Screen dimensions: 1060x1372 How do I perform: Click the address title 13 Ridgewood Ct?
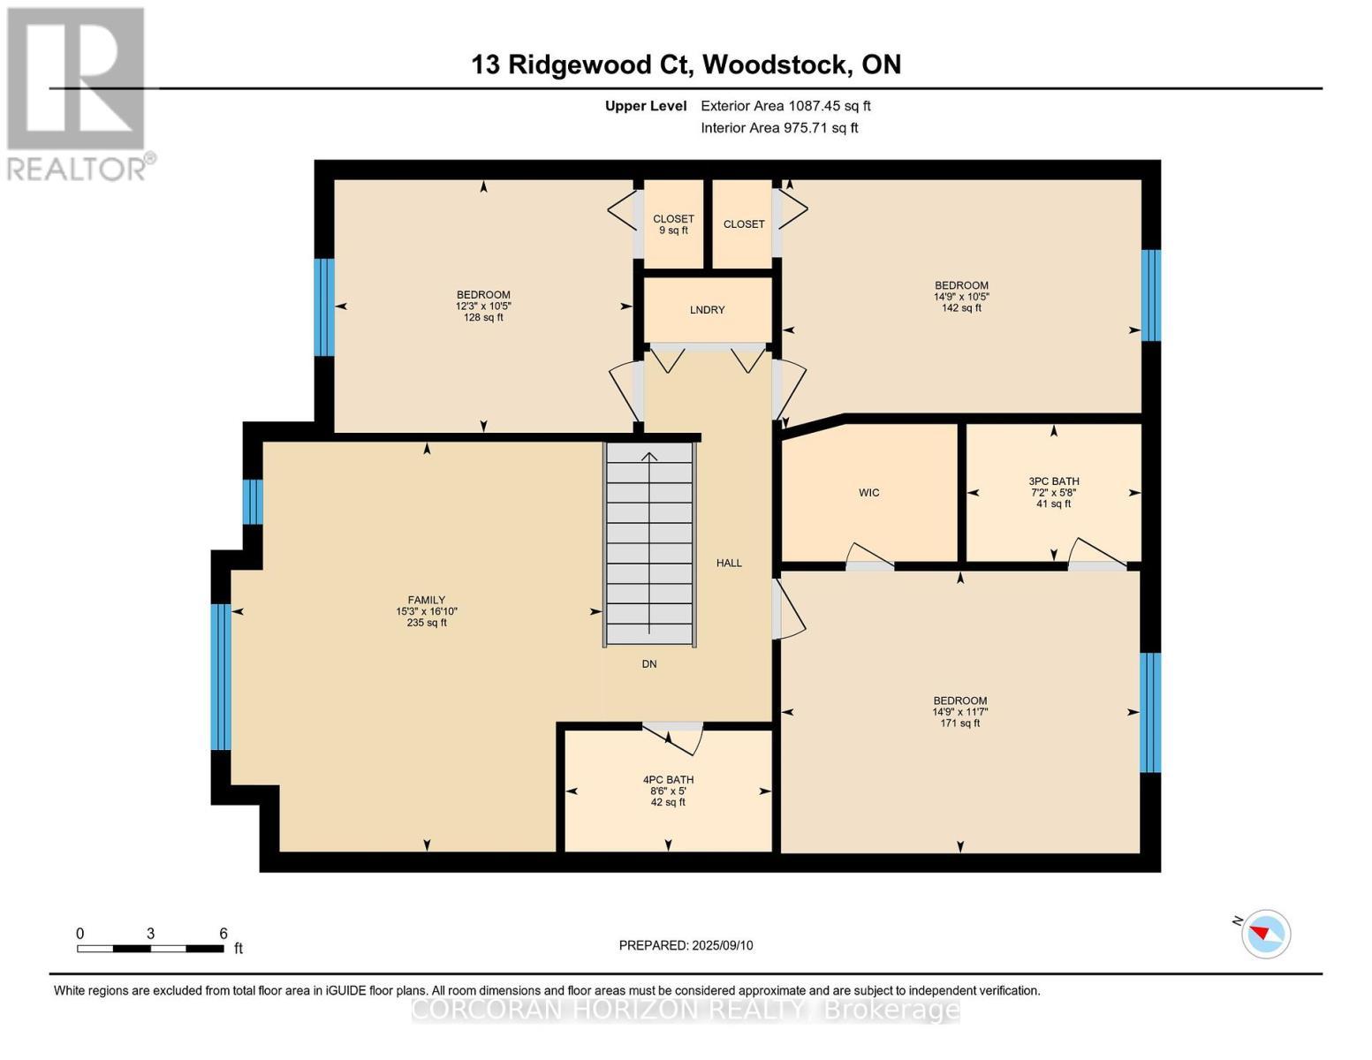pos(686,64)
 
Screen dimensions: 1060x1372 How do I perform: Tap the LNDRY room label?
pos(707,310)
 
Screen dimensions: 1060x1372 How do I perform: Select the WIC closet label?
pos(868,493)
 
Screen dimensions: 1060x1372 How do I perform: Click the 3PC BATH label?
pos(1053,481)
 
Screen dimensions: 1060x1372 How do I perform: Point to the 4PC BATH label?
pos(668,780)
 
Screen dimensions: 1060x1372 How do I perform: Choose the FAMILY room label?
pos(426,600)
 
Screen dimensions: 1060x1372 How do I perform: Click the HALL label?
pos(729,563)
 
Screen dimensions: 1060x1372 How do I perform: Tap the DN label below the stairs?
pos(649,664)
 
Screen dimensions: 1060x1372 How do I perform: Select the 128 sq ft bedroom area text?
pos(483,317)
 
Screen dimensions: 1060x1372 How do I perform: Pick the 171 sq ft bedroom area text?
pos(959,723)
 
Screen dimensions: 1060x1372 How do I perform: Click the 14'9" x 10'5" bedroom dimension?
pos(961,297)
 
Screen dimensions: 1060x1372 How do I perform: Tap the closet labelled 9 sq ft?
pos(673,224)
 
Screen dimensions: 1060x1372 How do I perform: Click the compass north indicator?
pos(1265,933)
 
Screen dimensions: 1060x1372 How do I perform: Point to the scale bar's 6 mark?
pos(224,934)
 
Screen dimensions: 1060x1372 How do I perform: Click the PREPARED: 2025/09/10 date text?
pos(686,945)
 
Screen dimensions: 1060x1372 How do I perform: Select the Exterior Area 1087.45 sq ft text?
pos(785,106)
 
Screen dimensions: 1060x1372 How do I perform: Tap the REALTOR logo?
pos(78,93)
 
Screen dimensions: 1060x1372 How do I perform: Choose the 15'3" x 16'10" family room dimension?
pos(426,611)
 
